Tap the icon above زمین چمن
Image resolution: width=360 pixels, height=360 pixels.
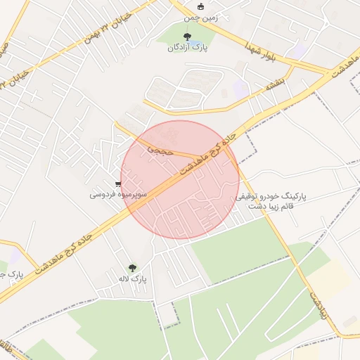point(200,6)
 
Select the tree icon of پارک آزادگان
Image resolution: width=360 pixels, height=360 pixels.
point(186,36)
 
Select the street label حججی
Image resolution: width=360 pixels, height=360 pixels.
point(159,149)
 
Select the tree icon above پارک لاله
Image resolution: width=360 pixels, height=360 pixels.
point(132,268)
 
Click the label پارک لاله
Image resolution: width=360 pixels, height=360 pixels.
point(132,279)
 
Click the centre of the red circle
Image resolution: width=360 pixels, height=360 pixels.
point(180,179)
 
